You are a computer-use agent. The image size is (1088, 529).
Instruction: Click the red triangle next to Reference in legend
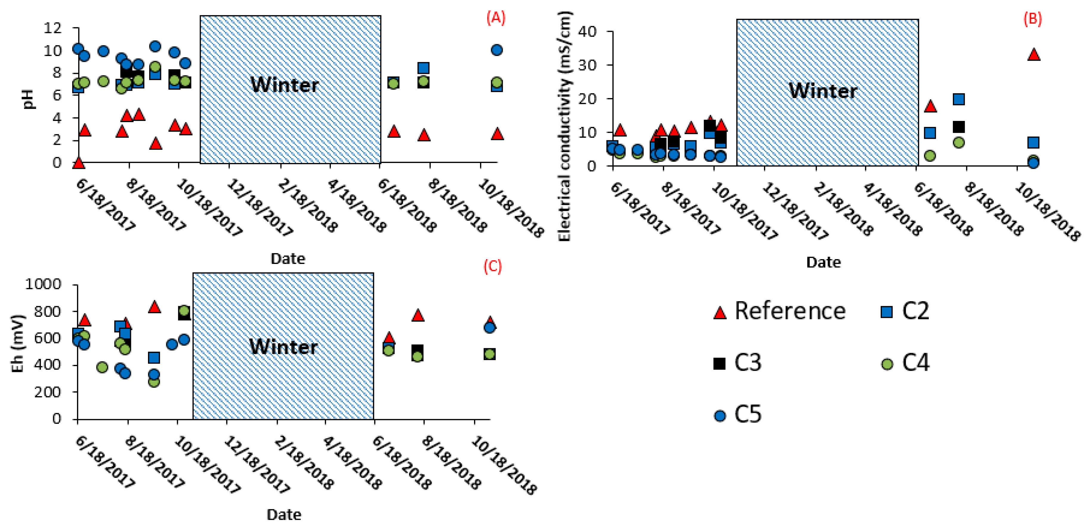(720, 312)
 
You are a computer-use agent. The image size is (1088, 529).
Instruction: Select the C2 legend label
(915, 311)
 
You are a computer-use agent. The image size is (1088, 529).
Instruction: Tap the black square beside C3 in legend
(719, 363)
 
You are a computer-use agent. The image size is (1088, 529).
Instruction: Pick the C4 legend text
(916, 362)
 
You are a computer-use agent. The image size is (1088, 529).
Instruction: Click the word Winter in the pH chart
(284, 85)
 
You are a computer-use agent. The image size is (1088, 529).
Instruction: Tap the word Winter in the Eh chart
(283, 347)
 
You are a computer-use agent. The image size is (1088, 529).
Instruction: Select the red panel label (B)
(1032, 19)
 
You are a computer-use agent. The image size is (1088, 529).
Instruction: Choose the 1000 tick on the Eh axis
(43, 284)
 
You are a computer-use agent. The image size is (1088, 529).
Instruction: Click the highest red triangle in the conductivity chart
(1033, 55)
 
